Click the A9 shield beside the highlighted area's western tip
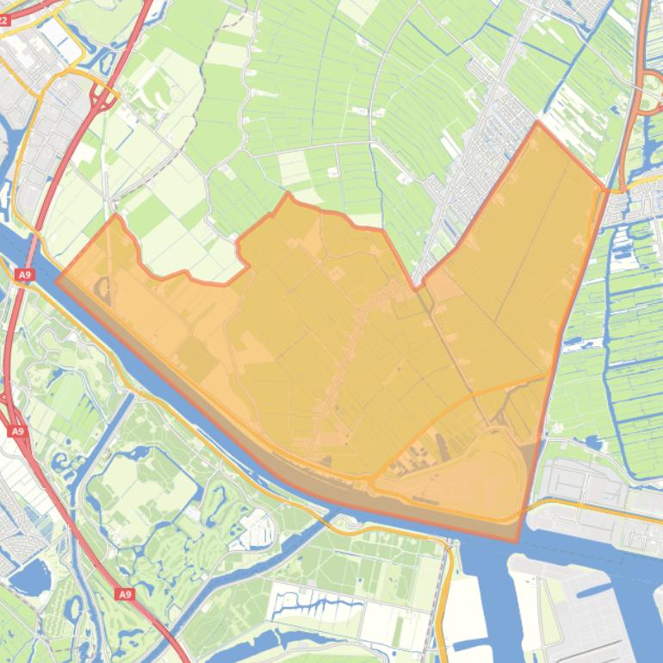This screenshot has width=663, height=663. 24,275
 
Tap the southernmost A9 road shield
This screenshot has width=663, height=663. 125,594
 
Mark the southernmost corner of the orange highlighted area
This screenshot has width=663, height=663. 517,541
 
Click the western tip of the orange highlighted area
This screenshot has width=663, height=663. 57,280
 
